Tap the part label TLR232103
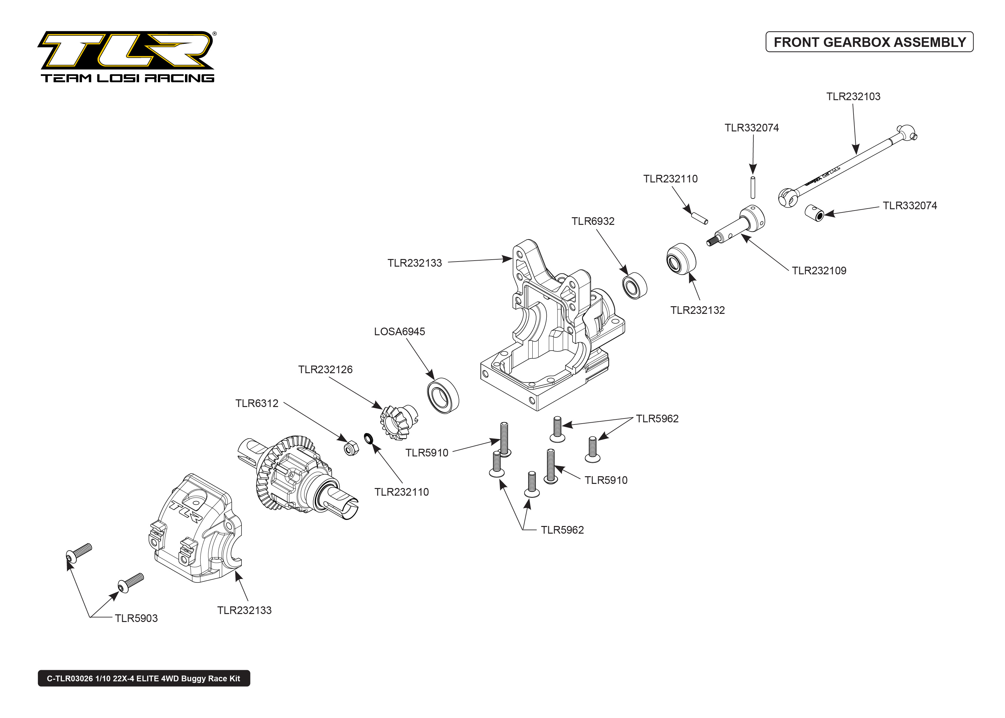click(853, 96)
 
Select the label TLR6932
click(593, 221)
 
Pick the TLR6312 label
click(257, 403)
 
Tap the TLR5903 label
click(136, 618)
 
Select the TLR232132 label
click(698, 310)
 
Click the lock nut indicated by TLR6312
click(351, 448)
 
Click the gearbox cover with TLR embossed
click(195, 528)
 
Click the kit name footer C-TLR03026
click(144, 678)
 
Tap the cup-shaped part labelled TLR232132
click(681, 259)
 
